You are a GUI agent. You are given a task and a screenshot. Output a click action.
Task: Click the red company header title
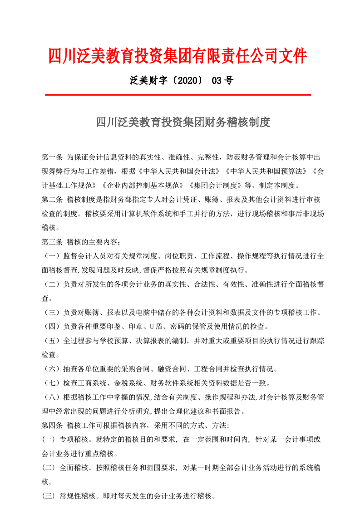[178, 56]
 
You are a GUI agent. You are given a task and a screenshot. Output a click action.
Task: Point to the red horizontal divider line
[178, 95]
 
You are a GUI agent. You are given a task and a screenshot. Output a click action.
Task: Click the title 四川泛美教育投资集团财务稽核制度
[183, 122]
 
